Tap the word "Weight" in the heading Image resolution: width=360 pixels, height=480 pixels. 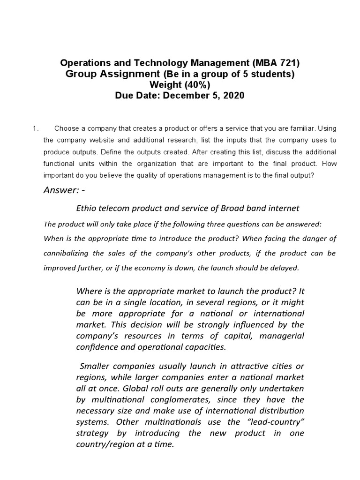click(165, 85)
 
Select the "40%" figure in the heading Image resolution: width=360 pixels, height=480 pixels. click(198, 85)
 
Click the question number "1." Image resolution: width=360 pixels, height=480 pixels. click(34, 128)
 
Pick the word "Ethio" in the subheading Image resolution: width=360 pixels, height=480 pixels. click(87, 208)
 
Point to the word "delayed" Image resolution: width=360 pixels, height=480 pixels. click(283, 268)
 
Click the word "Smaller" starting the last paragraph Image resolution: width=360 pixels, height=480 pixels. click(96, 366)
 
